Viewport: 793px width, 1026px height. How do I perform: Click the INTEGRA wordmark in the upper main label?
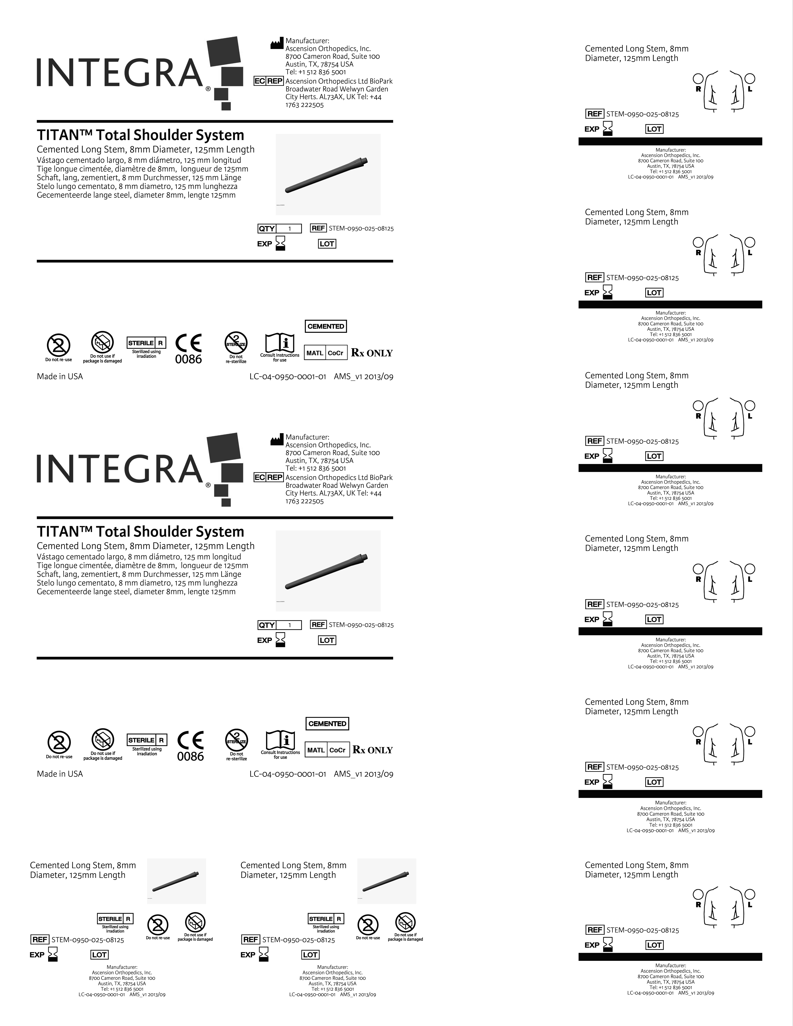point(120,73)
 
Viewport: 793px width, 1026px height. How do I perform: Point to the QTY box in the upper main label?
point(266,229)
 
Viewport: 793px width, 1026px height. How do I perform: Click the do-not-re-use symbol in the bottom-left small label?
point(158,925)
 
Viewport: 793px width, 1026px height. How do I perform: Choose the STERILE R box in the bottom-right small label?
point(326,918)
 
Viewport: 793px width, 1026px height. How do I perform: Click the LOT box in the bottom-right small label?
point(310,955)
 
